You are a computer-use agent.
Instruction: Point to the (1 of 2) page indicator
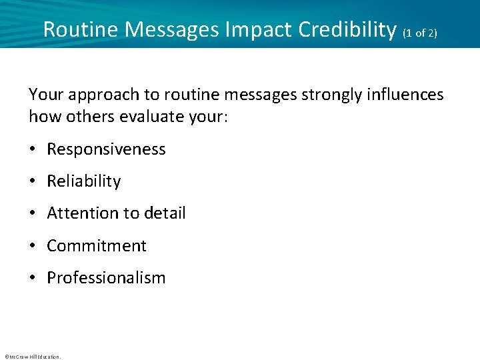coord(419,32)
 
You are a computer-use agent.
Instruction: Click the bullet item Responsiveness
coord(106,149)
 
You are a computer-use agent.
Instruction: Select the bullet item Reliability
coord(84,181)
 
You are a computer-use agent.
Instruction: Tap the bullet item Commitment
coord(97,245)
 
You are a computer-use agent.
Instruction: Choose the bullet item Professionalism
coord(106,277)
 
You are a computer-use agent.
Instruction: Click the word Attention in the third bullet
coord(79,213)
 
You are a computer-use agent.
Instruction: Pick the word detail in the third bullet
coord(162,213)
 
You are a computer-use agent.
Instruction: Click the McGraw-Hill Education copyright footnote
coord(32,357)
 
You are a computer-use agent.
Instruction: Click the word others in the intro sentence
coord(88,116)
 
